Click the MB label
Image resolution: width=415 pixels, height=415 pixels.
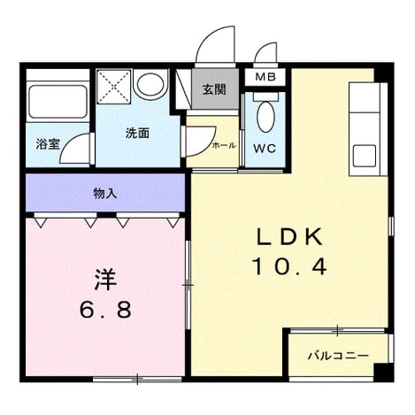pos(265,77)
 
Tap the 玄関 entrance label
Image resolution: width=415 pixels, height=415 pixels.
pos(214,89)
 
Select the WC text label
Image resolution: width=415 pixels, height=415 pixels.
pos(265,149)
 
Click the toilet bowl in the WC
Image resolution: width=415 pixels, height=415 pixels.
pos(265,117)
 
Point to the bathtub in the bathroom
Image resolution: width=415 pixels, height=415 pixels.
pos(58,102)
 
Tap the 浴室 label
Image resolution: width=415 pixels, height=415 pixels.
pos(48,144)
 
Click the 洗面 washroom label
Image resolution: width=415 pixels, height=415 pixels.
pos(137,134)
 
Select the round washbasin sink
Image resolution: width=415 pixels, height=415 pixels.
pos(150,83)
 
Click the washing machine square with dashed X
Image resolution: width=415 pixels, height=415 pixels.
pos(113,86)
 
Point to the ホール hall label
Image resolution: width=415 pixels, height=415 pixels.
pos(224,145)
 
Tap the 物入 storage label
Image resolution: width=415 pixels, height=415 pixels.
pos(105,194)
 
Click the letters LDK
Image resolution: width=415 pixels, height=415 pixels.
pos(289,238)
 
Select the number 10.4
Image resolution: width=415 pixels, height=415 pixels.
pos(289,266)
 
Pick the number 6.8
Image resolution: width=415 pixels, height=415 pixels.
pos(105,309)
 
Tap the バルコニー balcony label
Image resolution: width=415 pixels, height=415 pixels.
pos(338,356)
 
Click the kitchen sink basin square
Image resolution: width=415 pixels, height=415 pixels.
pos(365,156)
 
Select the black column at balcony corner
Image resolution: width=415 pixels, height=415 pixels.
pos(384,373)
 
